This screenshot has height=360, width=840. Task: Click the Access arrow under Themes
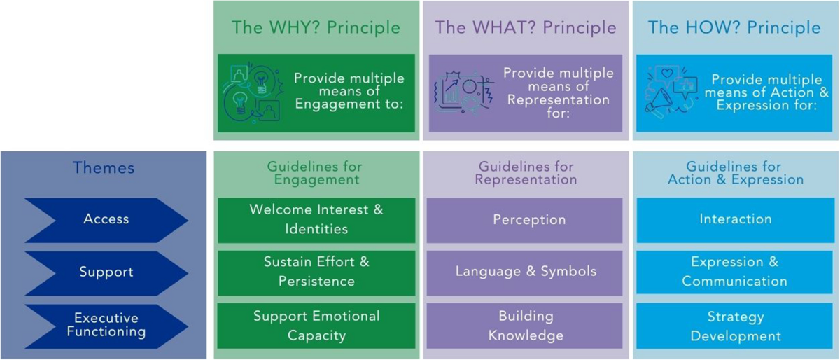(106, 220)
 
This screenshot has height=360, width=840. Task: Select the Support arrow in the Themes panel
(106, 273)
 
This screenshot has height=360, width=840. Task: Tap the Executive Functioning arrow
(106, 326)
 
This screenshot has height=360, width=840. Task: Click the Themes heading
(104, 168)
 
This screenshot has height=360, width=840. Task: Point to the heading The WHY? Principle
(316, 28)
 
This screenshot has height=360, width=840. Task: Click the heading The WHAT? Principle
(526, 28)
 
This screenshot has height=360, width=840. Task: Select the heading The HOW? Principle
(734, 28)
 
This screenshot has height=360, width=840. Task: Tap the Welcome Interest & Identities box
(316, 220)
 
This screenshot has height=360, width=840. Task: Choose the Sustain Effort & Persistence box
(316, 273)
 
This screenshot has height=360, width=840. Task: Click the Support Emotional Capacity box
(316, 326)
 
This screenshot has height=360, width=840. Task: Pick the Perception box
(524, 221)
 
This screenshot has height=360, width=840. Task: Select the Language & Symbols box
(524, 273)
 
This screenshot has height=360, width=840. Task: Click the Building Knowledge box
(524, 326)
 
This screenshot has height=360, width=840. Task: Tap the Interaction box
(736, 220)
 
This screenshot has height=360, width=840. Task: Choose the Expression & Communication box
(734, 272)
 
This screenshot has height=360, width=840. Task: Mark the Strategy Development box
(734, 326)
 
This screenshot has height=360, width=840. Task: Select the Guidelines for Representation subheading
(526, 173)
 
